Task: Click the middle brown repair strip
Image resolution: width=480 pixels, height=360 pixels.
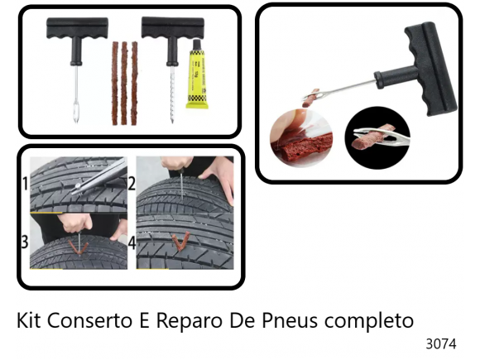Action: [125, 83]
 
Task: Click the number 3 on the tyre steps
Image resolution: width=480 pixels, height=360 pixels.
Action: [25, 243]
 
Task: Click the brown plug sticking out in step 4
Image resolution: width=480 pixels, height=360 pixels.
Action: [180, 242]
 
